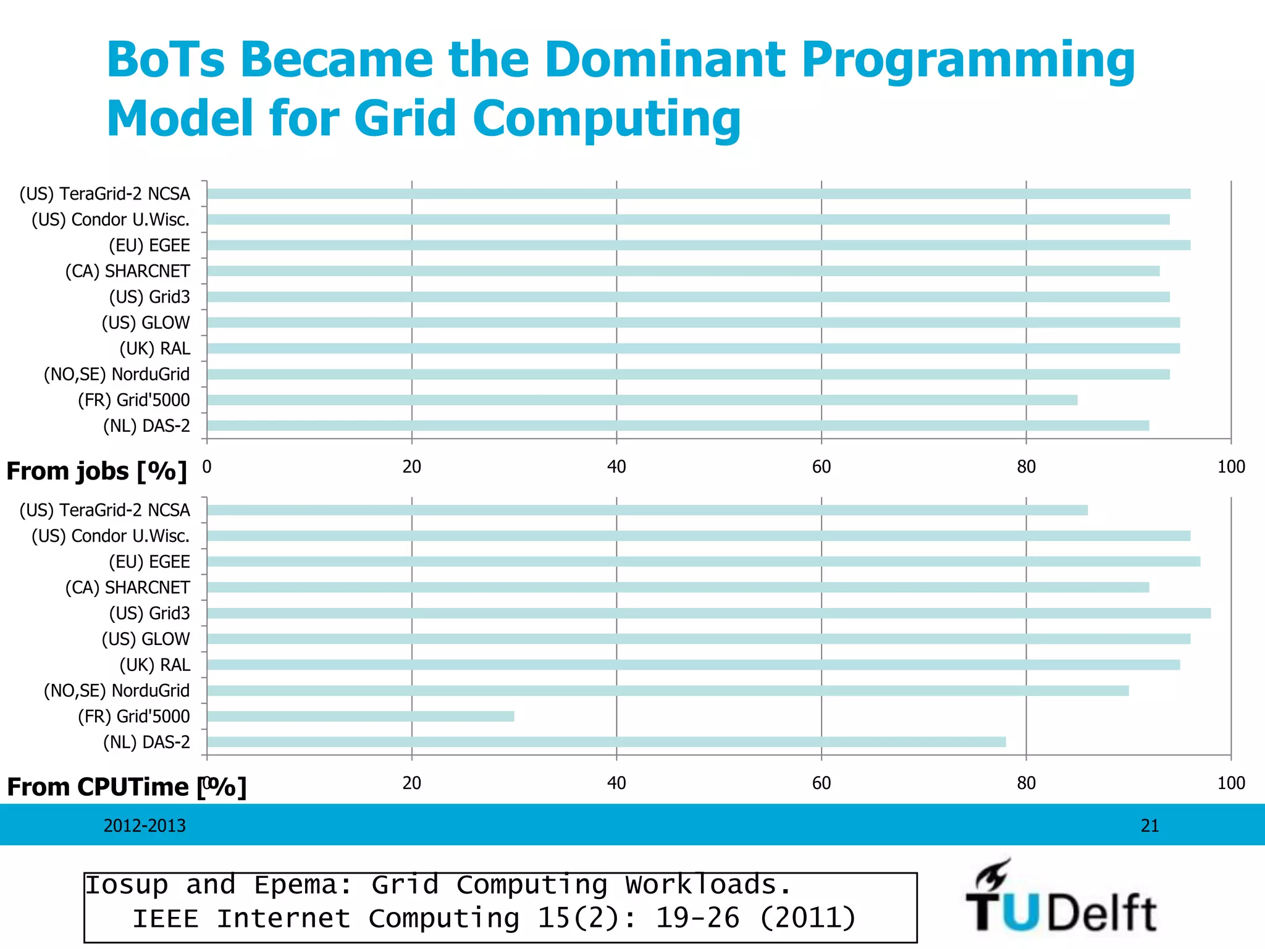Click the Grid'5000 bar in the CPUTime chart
tap(360, 716)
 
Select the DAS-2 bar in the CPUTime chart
tap(606, 742)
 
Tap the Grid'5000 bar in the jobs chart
tap(642, 400)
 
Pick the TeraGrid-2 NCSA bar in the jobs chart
tap(698, 194)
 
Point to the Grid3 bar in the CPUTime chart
tap(708, 613)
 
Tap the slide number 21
tap(1149, 825)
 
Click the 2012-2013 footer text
tap(145, 825)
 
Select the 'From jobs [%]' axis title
tap(96, 471)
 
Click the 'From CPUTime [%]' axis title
tap(126, 787)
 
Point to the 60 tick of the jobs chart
tap(821, 467)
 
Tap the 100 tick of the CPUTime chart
tap(1230, 783)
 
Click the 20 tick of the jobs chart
tap(411, 467)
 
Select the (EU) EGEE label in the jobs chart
tap(149, 245)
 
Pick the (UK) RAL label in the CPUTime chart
tap(154, 665)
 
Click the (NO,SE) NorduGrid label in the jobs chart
tap(117, 374)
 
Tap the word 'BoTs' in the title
tap(166, 59)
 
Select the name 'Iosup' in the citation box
tap(127, 885)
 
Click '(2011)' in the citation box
tap(807, 918)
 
